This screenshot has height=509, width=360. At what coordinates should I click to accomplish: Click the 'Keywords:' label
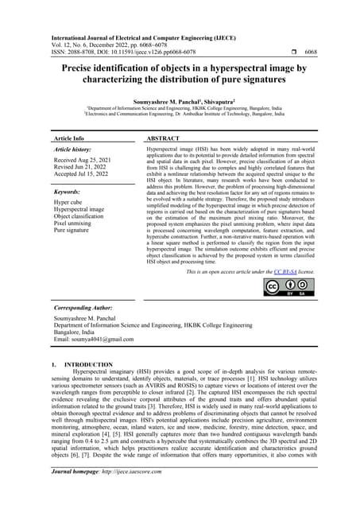(70, 192)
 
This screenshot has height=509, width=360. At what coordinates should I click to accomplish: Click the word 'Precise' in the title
(83, 69)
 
